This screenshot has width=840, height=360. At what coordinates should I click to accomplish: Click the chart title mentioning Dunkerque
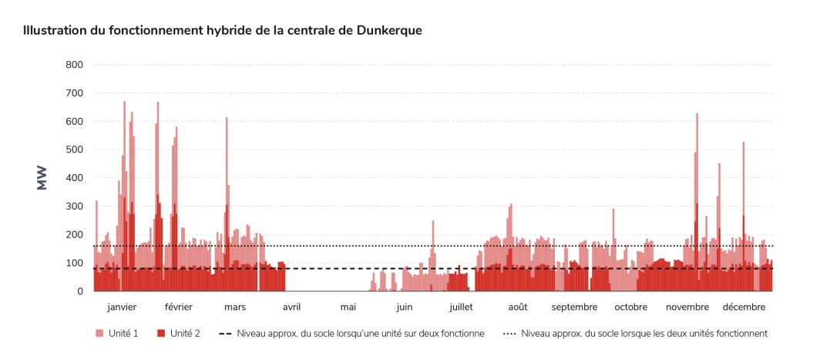222,30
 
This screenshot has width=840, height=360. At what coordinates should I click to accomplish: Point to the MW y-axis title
42,177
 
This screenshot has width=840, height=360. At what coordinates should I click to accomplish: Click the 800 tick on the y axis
74,65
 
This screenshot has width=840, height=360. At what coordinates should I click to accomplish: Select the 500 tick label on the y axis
74,150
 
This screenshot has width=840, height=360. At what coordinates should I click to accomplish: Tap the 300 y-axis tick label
74,207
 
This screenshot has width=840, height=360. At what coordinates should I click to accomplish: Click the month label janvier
122,307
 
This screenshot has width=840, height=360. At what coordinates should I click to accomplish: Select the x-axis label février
178,307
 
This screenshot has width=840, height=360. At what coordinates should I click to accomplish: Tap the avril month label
291,307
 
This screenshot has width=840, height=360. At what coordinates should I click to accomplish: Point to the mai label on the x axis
348,307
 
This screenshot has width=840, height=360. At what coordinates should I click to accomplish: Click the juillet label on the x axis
461,307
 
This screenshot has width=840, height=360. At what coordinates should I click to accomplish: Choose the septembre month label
574,307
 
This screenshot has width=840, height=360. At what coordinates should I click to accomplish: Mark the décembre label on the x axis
744,307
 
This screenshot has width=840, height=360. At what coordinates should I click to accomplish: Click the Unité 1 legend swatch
99,334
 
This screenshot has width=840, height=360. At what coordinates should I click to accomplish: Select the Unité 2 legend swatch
161,334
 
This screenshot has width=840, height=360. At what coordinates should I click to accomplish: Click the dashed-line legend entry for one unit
351,334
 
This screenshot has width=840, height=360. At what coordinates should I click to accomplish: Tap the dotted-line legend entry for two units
635,334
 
